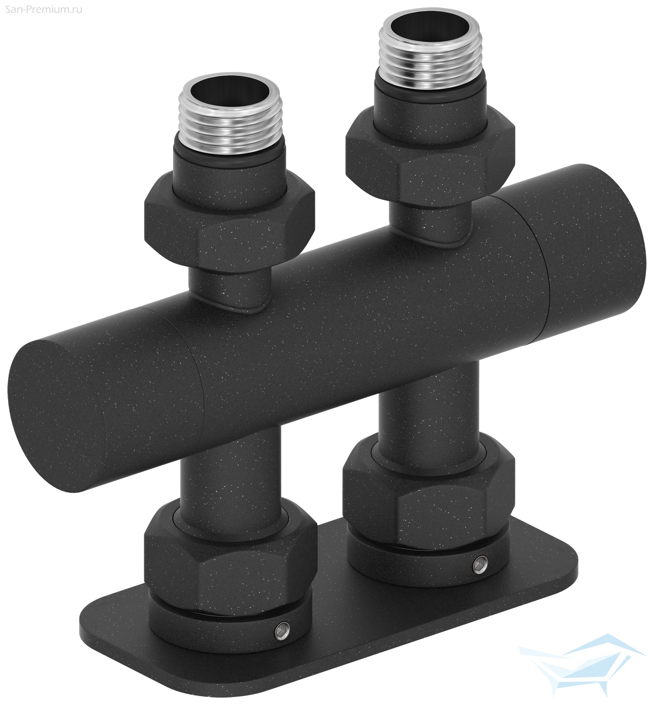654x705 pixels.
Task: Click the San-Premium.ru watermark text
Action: [x=41, y=10]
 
